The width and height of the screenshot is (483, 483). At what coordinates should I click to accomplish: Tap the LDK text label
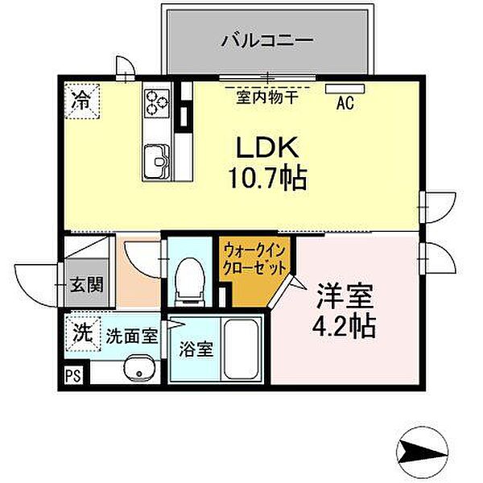(x=267, y=147)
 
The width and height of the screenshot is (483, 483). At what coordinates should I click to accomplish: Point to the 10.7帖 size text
(x=267, y=177)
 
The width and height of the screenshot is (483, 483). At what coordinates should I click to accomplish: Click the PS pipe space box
(x=73, y=374)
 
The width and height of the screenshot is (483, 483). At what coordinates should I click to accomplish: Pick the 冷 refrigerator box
(x=80, y=102)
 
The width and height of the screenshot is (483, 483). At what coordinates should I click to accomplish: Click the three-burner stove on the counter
(x=156, y=101)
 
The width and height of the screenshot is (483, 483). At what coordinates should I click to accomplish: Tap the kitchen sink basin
(x=155, y=157)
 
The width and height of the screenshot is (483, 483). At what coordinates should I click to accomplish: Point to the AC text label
(x=345, y=102)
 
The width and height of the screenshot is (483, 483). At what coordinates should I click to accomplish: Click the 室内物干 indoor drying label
(x=266, y=97)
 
